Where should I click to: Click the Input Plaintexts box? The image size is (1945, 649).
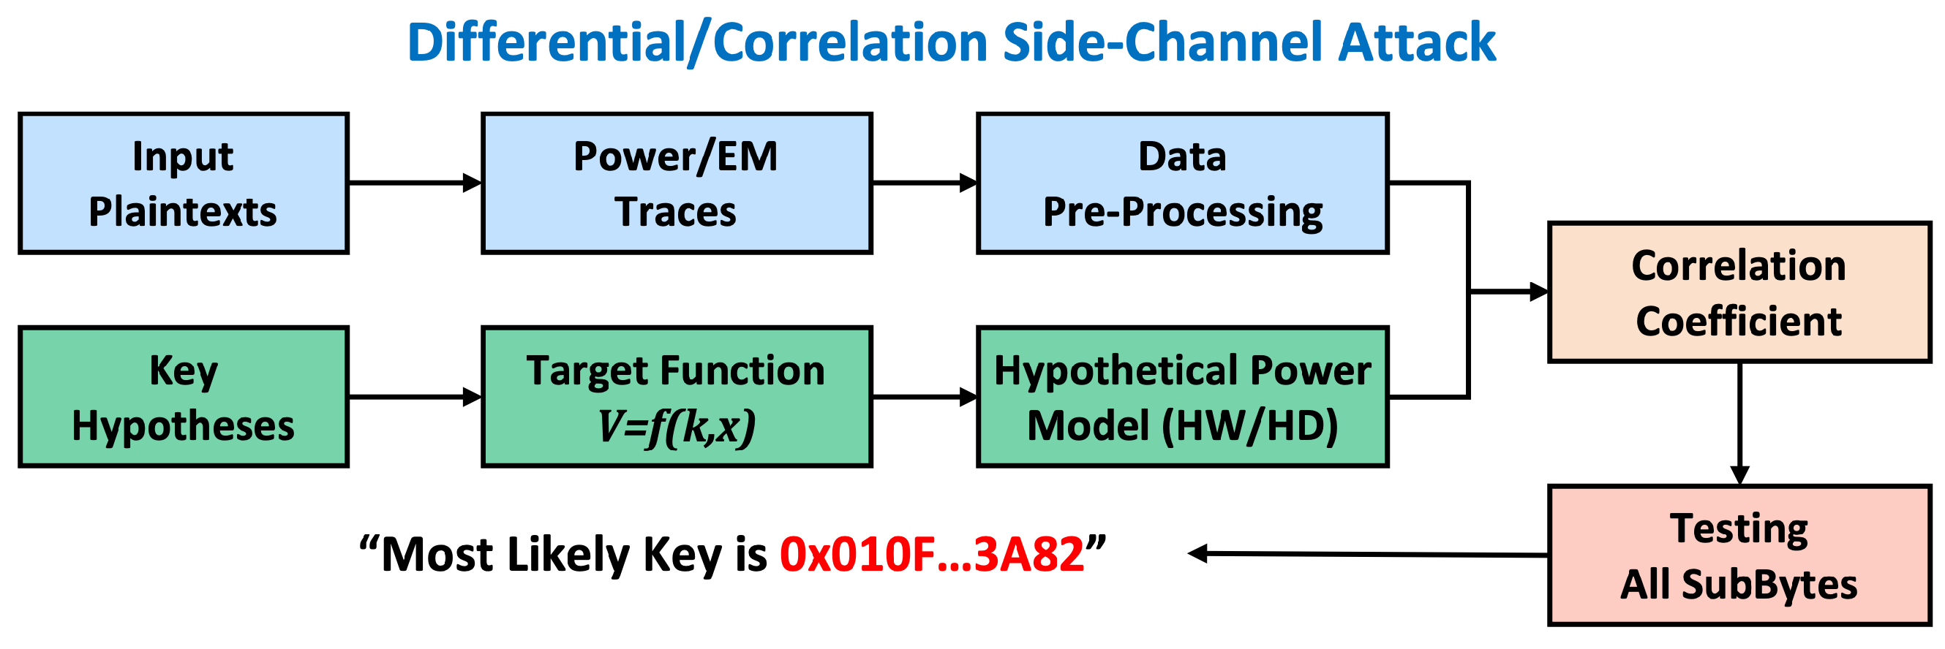183,183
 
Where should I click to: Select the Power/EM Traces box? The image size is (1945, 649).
677,183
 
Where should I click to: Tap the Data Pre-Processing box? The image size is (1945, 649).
1182,183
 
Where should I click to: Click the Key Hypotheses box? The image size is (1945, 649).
183,397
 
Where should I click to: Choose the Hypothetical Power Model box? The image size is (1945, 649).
1182,397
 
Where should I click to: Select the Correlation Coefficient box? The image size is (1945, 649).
1739,293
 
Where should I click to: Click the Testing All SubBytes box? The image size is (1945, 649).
1739,555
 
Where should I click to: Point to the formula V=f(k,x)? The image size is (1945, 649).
677,426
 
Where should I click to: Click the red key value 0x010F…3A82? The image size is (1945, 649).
932,555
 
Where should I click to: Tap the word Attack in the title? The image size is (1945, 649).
1416,42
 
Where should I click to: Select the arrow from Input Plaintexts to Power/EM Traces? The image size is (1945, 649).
415,183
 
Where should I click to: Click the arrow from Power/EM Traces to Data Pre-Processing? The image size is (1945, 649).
924,183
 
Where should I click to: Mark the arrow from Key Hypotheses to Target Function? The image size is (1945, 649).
415,397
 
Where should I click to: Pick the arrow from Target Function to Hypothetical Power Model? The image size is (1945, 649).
924,397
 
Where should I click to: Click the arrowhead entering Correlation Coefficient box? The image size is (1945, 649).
1538,292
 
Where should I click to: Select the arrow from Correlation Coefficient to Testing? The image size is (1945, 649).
1739,422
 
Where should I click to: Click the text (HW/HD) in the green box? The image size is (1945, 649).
1249,426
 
